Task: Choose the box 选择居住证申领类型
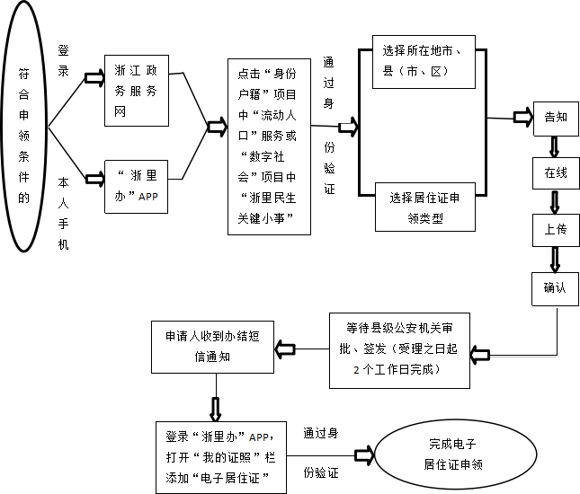(x=424, y=207)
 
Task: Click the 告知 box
(x=555, y=118)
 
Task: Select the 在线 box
(x=555, y=172)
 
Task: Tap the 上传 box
(x=555, y=229)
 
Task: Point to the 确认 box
(x=555, y=287)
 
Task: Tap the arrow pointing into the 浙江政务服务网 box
(x=94, y=78)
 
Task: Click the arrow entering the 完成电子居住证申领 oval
(x=364, y=455)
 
